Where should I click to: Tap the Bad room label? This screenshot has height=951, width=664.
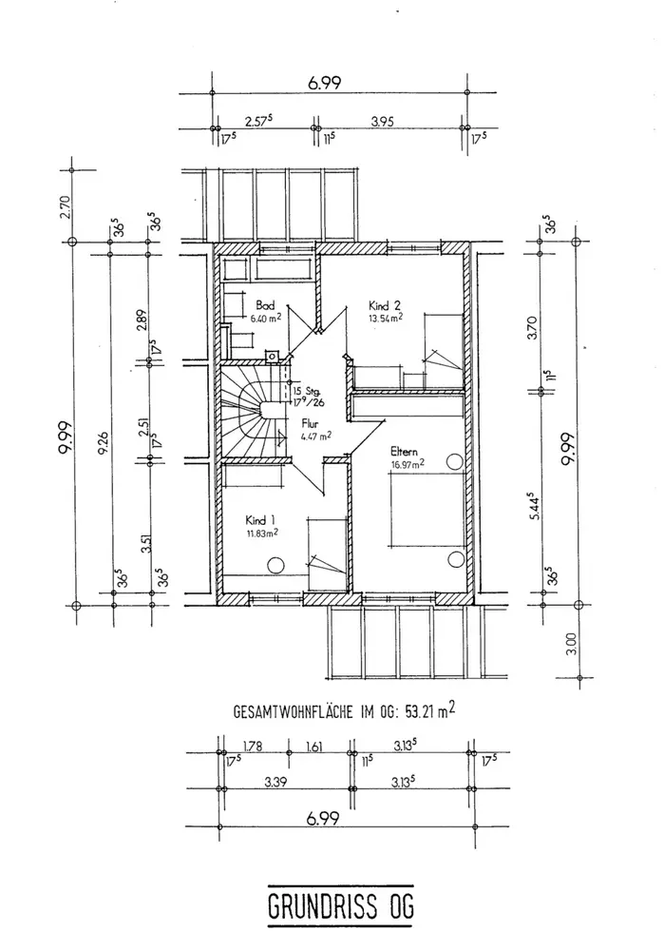(x=265, y=306)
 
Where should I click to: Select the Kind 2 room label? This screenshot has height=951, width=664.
(x=385, y=306)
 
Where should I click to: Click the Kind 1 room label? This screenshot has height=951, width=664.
(x=259, y=520)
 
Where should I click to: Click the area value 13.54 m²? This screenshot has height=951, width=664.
(x=386, y=319)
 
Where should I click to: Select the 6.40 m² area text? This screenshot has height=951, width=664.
(x=264, y=319)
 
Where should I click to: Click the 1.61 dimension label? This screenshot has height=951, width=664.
(x=315, y=747)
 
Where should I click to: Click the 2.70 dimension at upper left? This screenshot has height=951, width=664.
(x=65, y=205)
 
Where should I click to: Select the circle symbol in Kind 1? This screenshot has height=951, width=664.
(x=276, y=566)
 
